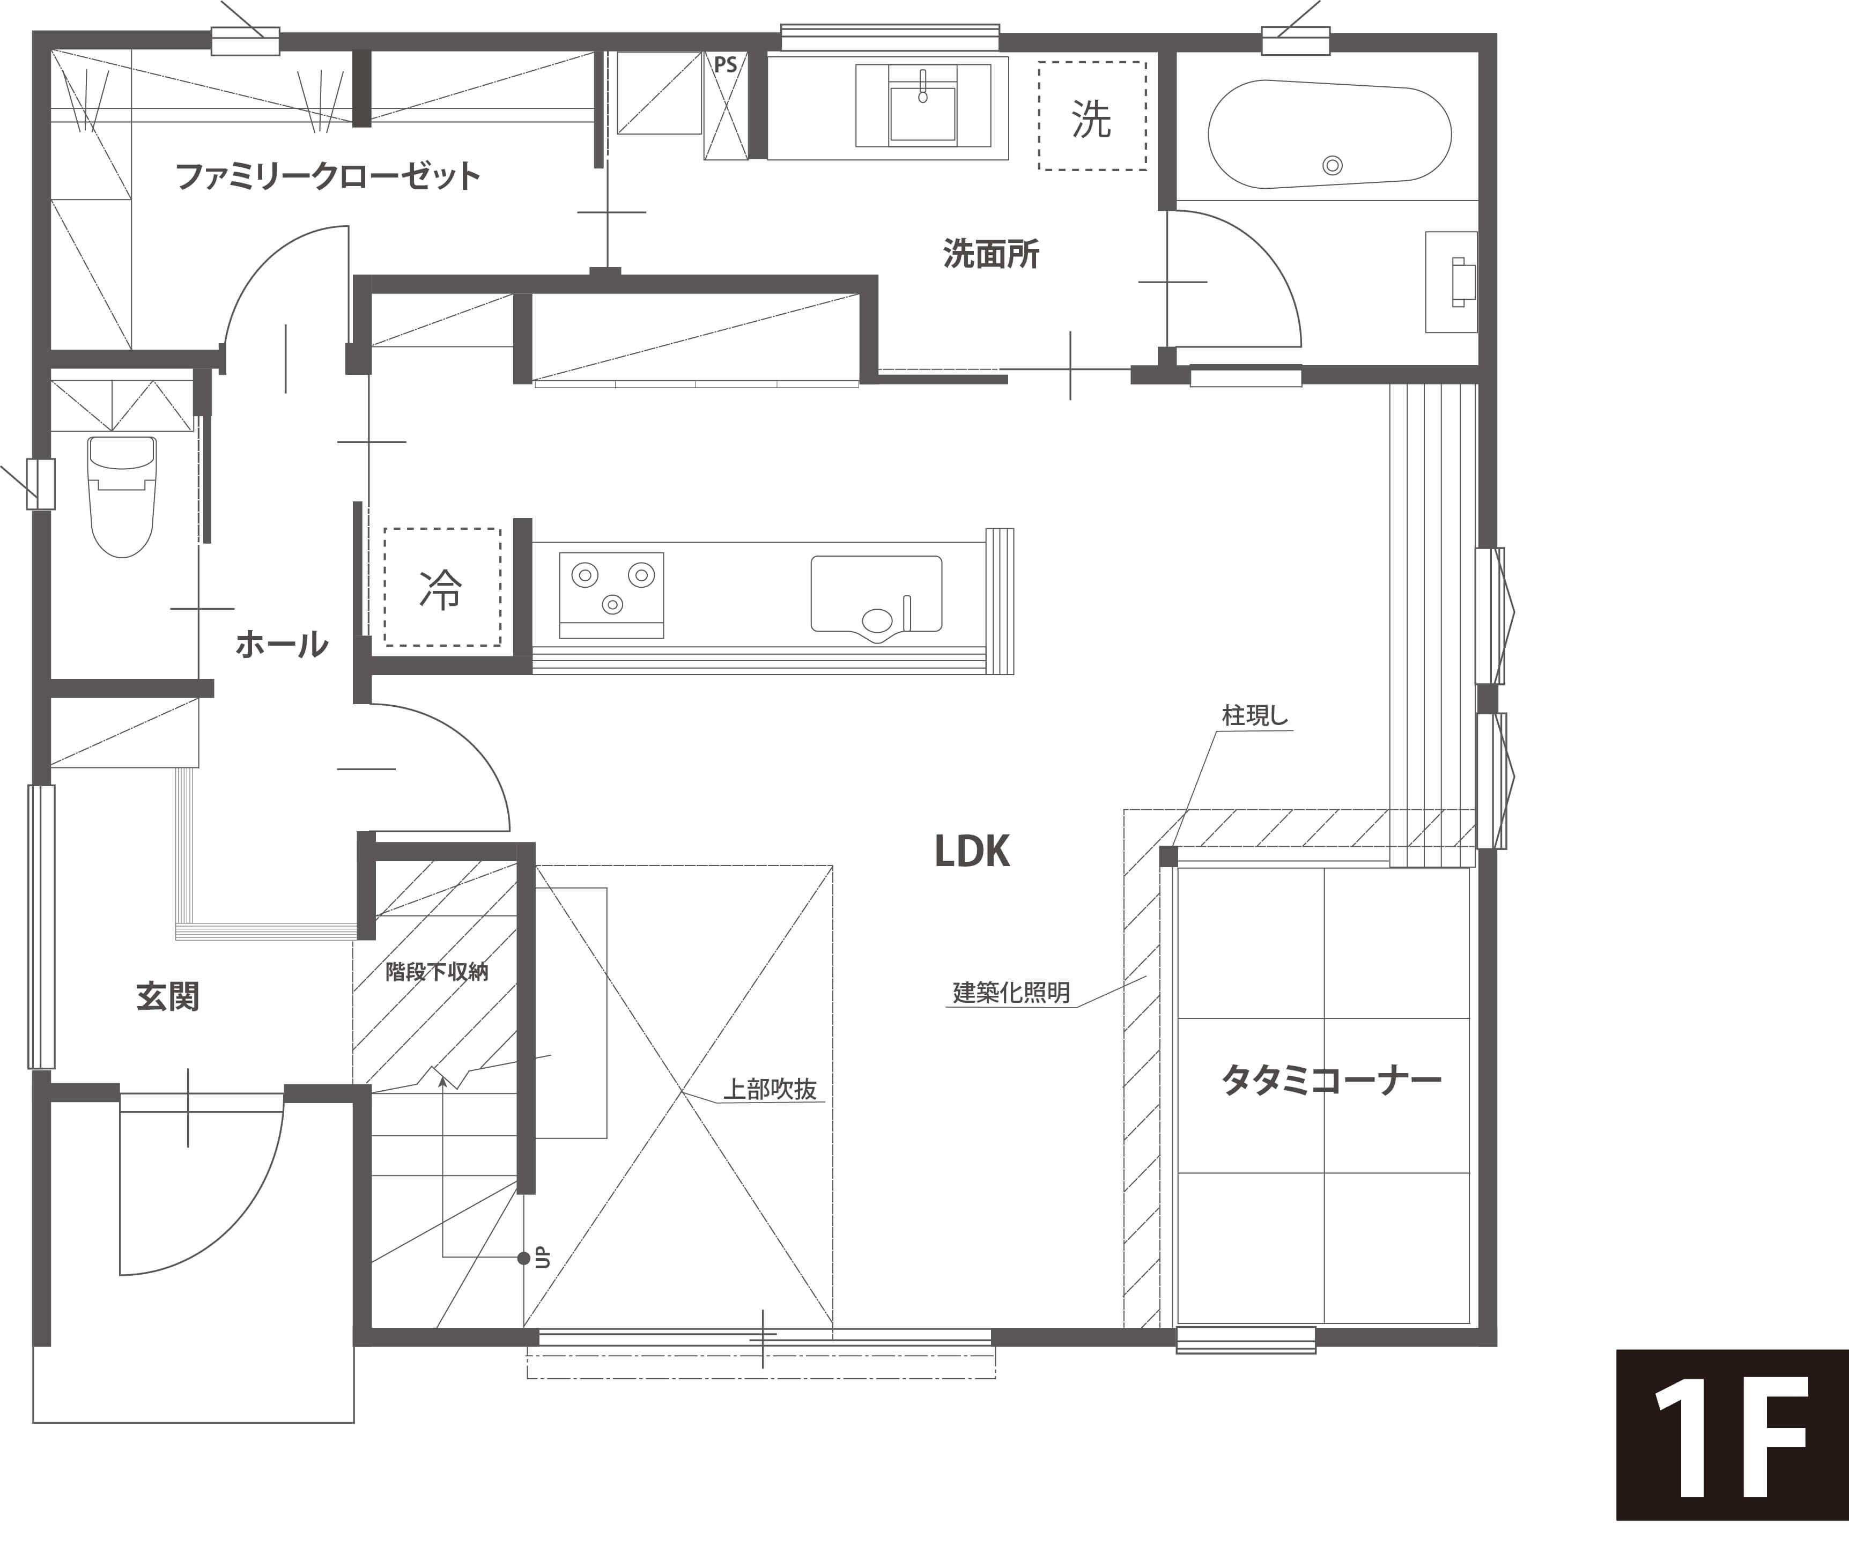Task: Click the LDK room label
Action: pos(972,852)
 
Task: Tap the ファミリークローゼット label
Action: pos(328,176)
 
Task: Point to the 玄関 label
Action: pos(168,997)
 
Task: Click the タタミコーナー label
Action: pos(1332,1080)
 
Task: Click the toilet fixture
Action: pos(123,496)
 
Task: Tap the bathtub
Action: pos(1329,135)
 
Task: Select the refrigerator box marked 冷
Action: pos(442,587)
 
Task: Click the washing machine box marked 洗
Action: pos(1092,116)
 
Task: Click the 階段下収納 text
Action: pos(437,972)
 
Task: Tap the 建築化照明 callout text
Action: pos(1011,992)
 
